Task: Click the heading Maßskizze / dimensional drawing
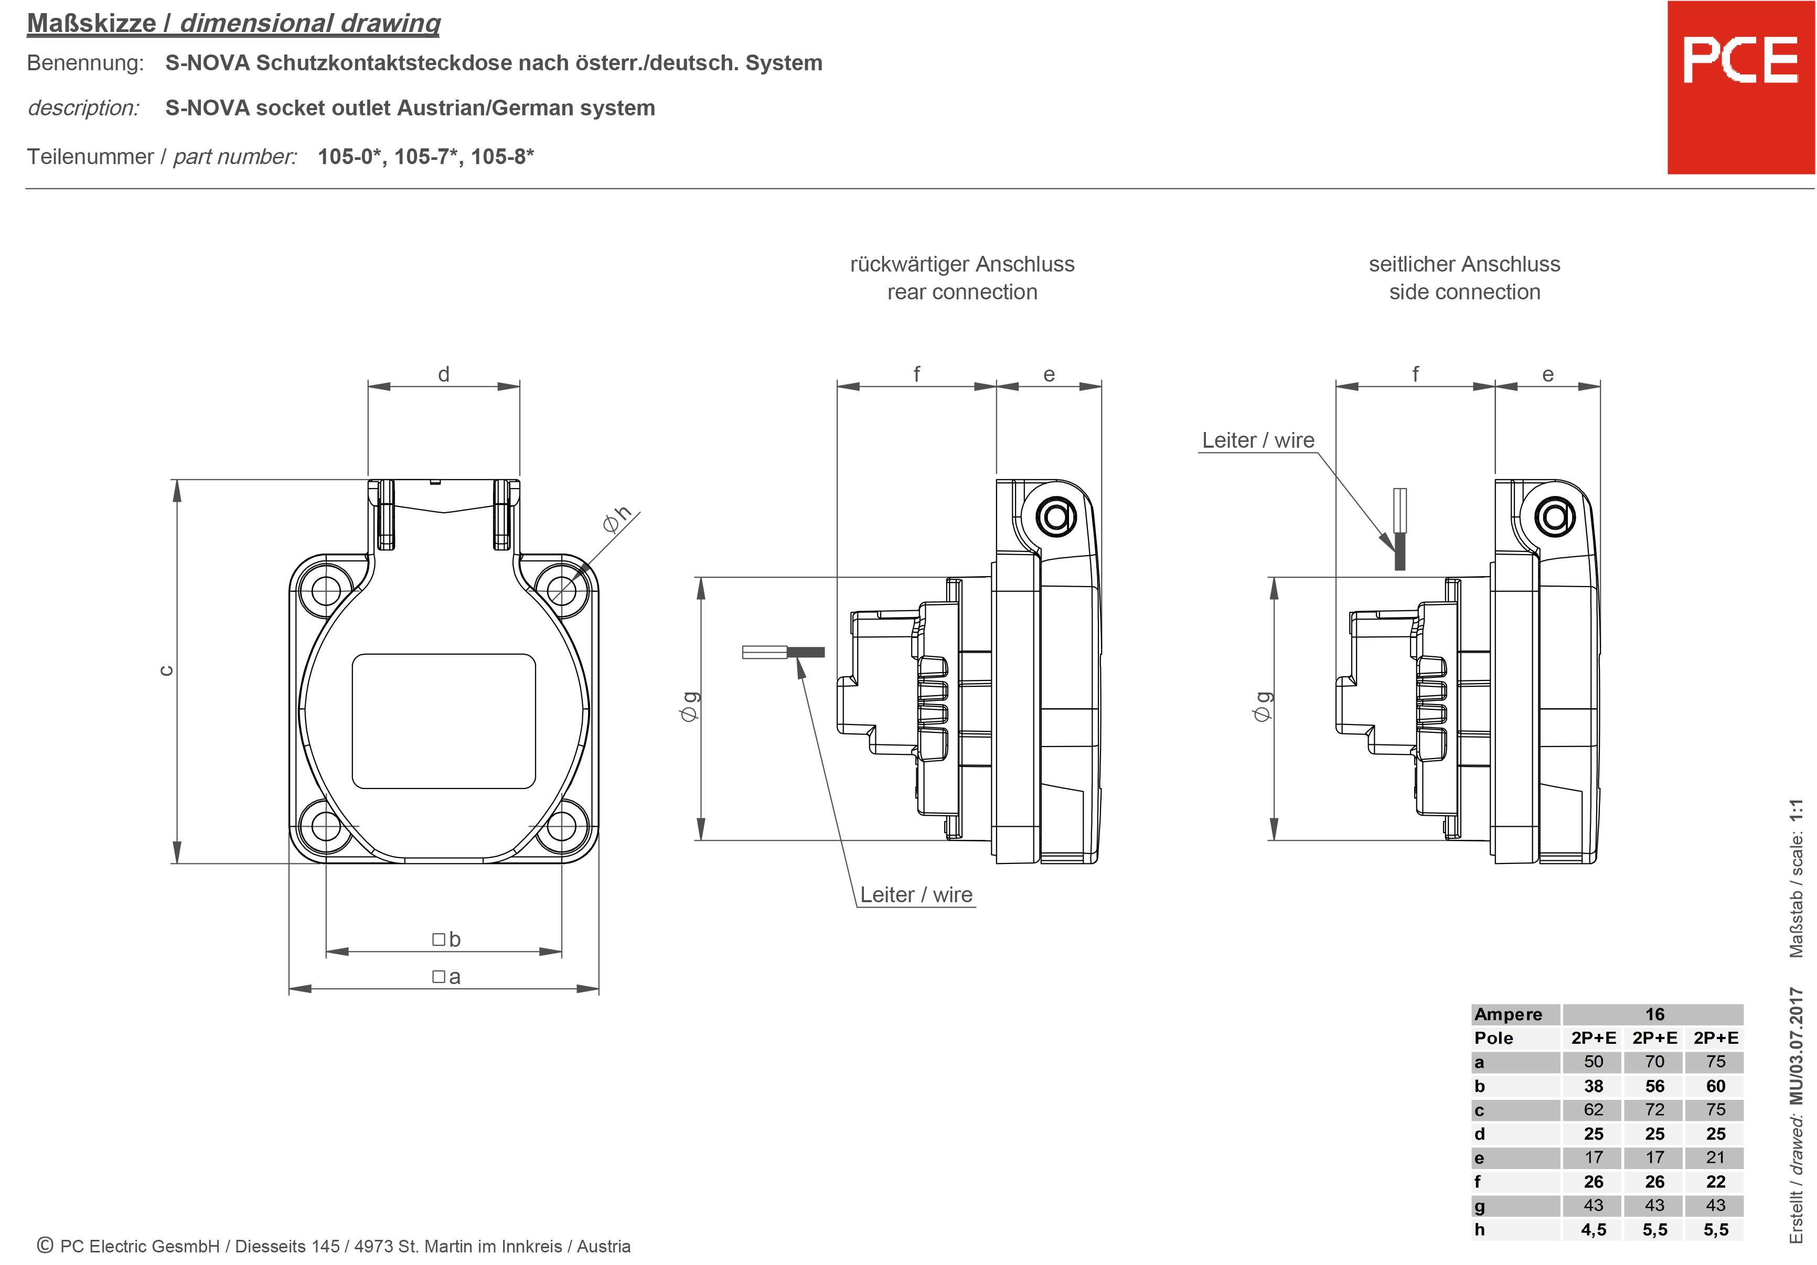click(x=233, y=23)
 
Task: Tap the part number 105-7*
click(x=425, y=157)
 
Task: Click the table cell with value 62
click(x=1593, y=1109)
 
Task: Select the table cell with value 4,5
click(x=1593, y=1229)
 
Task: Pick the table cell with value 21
click(x=1715, y=1158)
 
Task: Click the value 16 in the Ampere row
click(x=1654, y=1014)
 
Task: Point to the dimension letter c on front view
click(x=165, y=671)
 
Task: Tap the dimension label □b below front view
click(x=446, y=939)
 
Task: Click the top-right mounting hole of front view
click(x=562, y=589)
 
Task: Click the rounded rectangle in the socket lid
click(x=443, y=721)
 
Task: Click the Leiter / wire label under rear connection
click(x=916, y=895)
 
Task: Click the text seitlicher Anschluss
click(x=1464, y=264)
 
